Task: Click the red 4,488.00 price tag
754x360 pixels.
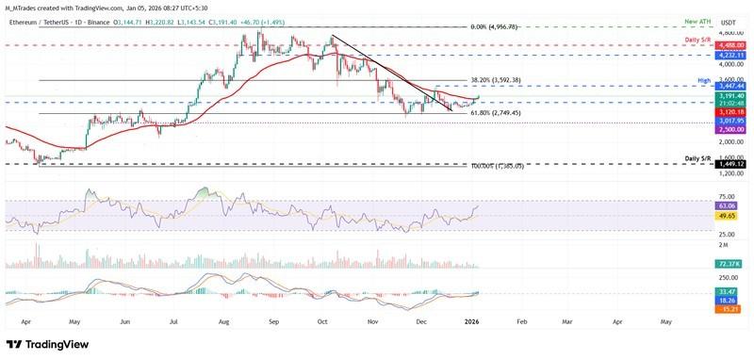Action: click(x=733, y=44)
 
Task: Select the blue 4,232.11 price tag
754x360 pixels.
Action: click(x=733, y=55)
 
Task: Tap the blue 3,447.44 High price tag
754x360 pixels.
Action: click(x=733, y=85)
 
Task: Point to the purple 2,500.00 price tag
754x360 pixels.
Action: click(x=733, y=129)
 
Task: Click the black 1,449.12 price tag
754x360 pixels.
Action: click(x=733, y=163)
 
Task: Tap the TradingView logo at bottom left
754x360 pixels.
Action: click(x=47, y=344)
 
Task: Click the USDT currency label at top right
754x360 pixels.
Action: click(x=728, y=21)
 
